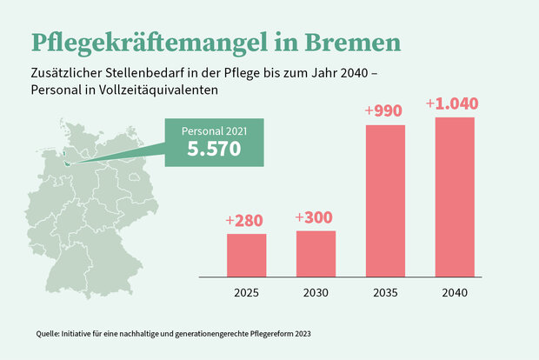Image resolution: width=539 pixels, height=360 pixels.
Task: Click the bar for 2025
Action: [246, 254]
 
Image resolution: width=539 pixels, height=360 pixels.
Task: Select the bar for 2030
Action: [316, 252]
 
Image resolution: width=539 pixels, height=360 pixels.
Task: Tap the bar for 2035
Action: [385, 200]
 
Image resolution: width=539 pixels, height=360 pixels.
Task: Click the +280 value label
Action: [245, 221]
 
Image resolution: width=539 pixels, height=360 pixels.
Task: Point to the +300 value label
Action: [315, 217]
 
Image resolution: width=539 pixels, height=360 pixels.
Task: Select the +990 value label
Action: [385, 112]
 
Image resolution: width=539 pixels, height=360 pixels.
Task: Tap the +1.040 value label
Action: [453, 104]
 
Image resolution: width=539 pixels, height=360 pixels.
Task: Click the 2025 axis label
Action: [246, 292]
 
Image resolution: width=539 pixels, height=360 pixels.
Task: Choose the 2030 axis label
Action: [316, 292]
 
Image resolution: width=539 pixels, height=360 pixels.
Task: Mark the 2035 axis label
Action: [385, 292]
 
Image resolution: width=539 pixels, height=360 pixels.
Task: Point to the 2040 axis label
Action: [455, 292]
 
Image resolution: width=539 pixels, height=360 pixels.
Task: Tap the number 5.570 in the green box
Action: [214, 149]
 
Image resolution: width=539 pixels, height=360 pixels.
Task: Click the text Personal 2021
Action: [214, 130]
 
